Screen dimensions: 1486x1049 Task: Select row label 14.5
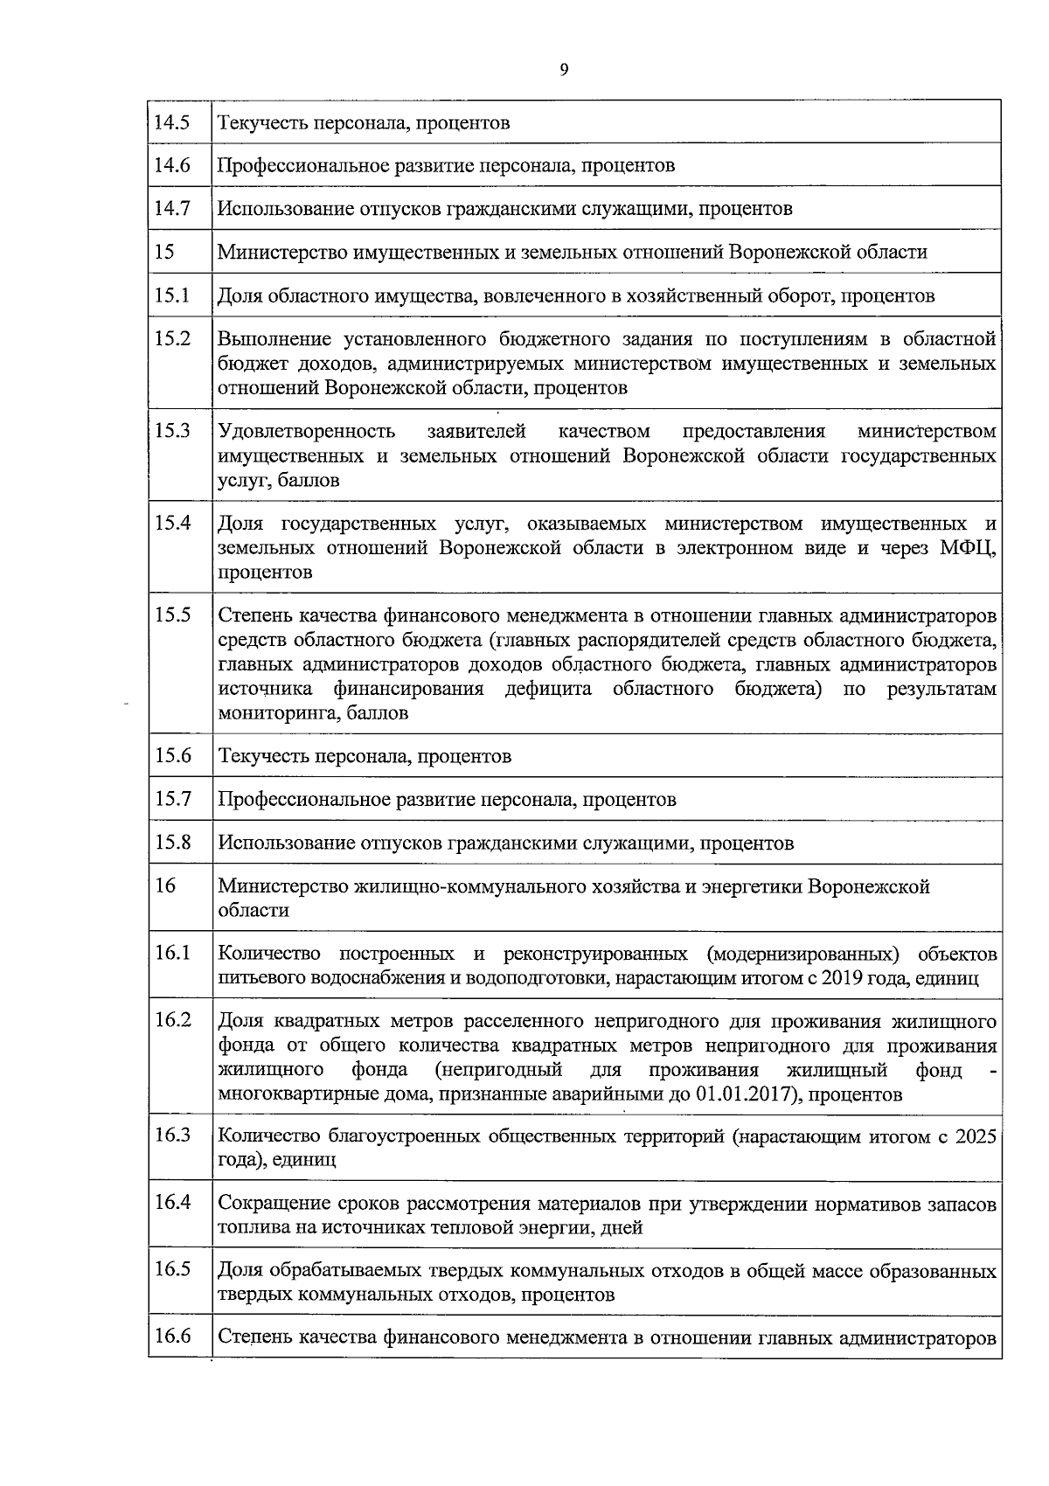(x=172, y=122)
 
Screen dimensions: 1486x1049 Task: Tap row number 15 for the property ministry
(x=164, y=252)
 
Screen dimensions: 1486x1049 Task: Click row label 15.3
(x=172, y=430)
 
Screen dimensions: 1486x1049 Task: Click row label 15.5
(x=172, y=615)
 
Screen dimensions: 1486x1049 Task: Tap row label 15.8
(x=172, y=842)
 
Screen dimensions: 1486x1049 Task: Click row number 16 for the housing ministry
(x=165, y=885)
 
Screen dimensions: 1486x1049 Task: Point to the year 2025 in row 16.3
(x=976, y=1136)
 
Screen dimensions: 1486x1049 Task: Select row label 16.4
(x=172, y=1202)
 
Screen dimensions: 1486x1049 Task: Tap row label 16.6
(x=172, y=1336)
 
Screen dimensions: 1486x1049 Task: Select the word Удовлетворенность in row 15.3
(x=306, y=431)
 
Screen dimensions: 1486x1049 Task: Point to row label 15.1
(x=172, y=295)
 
